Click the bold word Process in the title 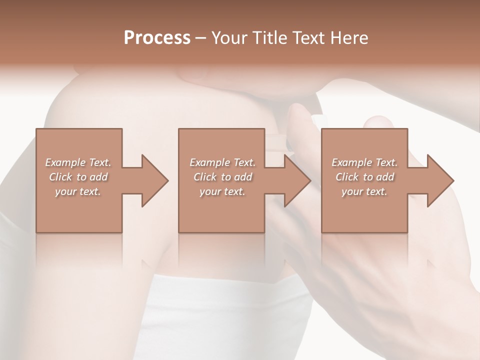157,37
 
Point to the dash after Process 201,38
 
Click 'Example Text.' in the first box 78,162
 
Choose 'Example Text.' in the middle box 222,162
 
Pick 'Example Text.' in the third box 364,162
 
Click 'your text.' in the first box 78,191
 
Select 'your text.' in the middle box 222,191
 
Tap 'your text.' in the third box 364,191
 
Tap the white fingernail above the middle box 319,119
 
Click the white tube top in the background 225,310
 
